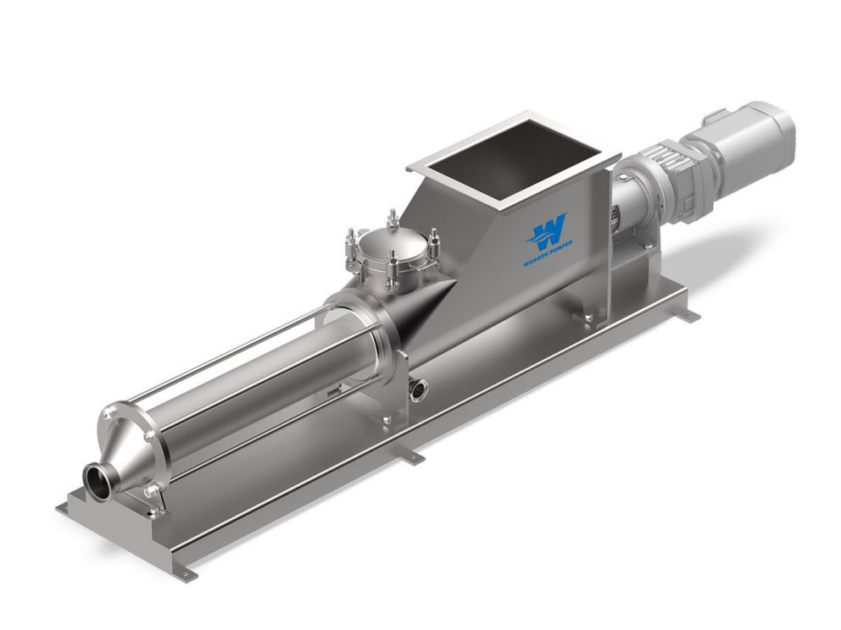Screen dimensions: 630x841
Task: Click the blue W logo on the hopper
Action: [x=547, y=231]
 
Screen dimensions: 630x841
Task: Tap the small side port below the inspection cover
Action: [x=418, y=389]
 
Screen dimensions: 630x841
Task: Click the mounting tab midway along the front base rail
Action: [x=413, y=457]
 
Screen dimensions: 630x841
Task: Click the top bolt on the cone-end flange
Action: [x=108, y=414]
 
